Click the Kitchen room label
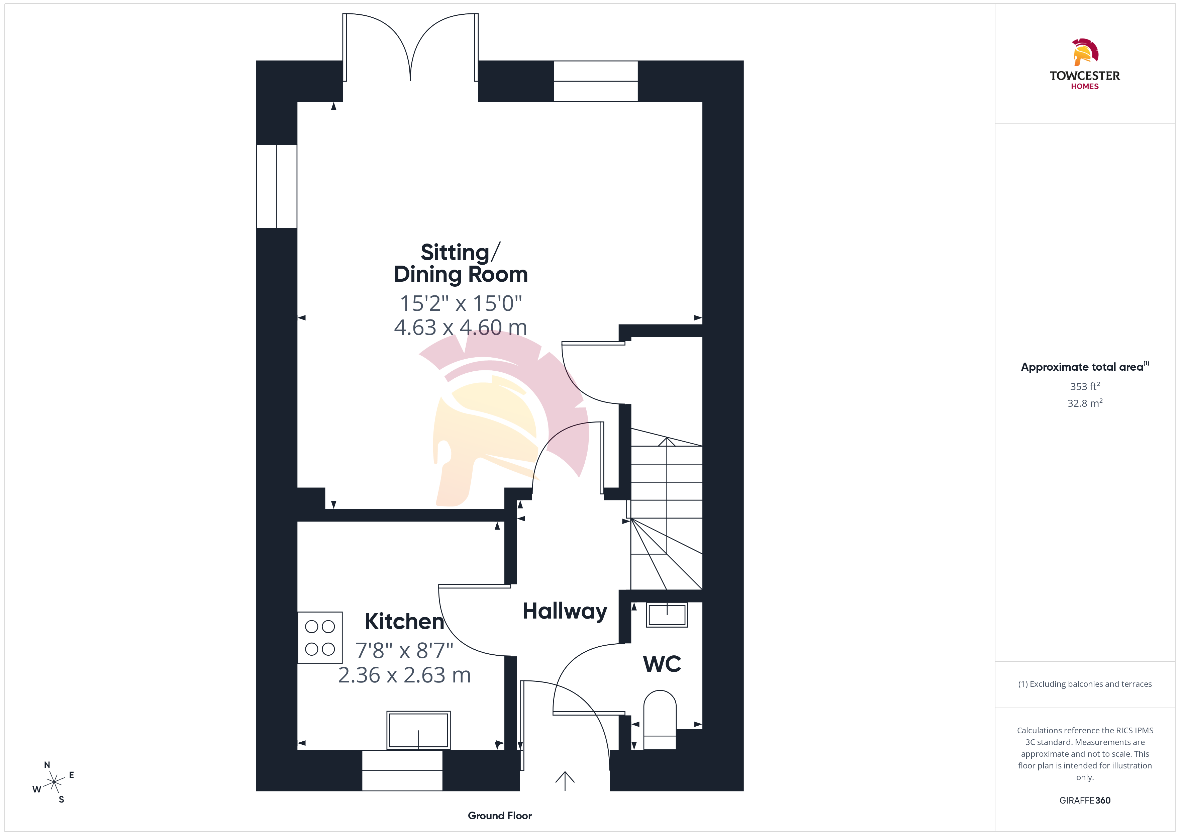404,621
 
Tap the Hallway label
565,611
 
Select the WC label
662,664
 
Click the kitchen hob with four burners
320,638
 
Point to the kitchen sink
418,730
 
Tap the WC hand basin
667,615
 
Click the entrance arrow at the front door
565,780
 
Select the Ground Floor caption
500,816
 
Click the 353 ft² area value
1085,386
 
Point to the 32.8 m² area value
1085,403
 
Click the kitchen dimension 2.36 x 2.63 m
404,675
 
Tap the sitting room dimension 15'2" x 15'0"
461,303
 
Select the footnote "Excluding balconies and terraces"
1091,684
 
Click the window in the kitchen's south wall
402,770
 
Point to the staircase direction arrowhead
667,441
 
